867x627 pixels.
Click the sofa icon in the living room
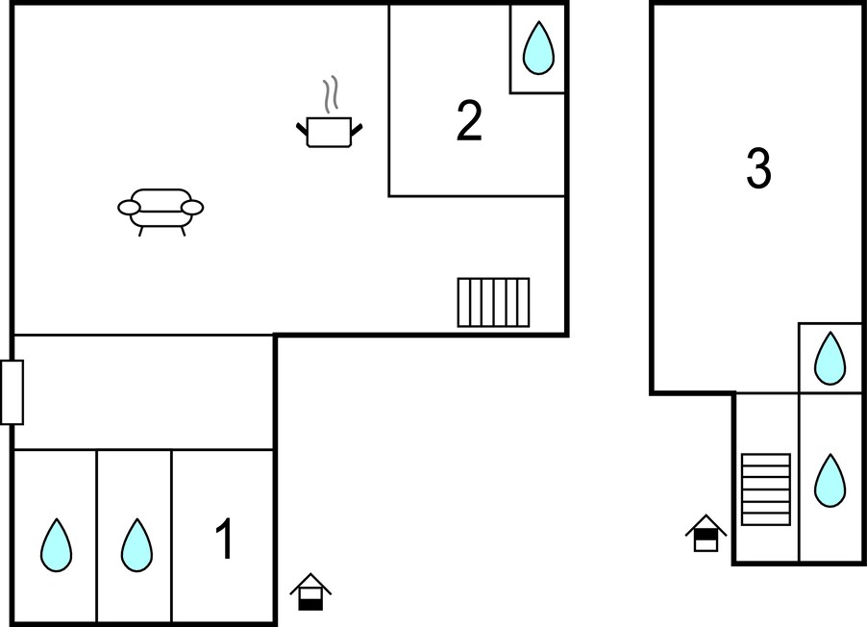[161, 212]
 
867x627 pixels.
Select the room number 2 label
[469, 120]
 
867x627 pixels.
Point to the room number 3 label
[758, 168]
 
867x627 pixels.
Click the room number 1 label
[225, 539]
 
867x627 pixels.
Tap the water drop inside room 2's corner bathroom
[538, 47]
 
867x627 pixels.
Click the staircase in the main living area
[493, 302]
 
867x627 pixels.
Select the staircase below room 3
[766, 489]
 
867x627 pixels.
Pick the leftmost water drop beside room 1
[56, 545]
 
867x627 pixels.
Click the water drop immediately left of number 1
[136, 545]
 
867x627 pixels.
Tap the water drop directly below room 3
[830, 358]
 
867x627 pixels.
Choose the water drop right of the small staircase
[830, 481]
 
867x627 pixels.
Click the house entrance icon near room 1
[310, 592]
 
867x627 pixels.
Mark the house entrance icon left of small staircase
[706, 533]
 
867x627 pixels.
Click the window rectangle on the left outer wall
[12, 392]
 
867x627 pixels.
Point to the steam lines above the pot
[331, 94]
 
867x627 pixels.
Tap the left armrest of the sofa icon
[129, 208]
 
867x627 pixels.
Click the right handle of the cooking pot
[357, 130]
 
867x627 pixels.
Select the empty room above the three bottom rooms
[143, 392]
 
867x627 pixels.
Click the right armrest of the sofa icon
[192, 208]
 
